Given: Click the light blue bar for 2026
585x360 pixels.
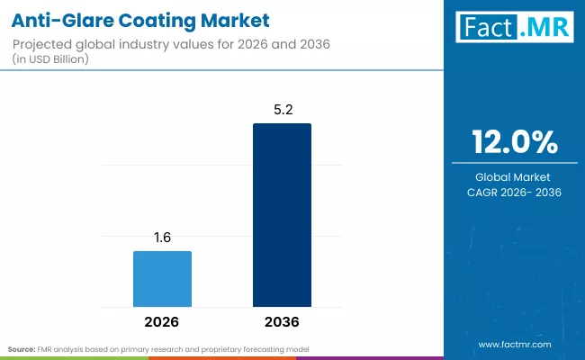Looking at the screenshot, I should click(x=162, y=279).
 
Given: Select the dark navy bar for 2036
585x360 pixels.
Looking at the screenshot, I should click(x=282, y=215).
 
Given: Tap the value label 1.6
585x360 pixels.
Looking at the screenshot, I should click(x=162, y=238).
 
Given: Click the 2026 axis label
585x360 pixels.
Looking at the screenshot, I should click(x=162, y=321).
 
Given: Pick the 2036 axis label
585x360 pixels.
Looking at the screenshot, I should click(x=282, y=321).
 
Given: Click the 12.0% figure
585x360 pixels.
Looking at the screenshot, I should click(x=515, y=143).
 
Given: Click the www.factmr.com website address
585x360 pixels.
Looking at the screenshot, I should click(x=515, y=345).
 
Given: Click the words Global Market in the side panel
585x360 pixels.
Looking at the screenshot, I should click(x=515, y=176).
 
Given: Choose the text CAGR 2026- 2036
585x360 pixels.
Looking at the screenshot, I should click(x=515, y=193).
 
